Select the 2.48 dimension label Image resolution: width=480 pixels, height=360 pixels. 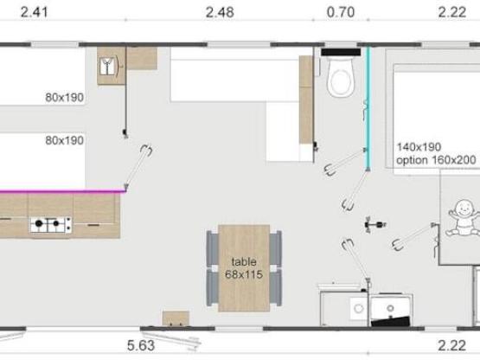coord(221,11)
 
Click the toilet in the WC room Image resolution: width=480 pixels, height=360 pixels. coord(340,77)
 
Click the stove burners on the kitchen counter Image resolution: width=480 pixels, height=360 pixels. coord(50,226)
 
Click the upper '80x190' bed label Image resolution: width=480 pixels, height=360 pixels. coord(64,98)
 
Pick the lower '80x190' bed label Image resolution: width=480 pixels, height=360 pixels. coord(64,140)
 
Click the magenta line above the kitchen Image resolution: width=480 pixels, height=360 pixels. coord(61,190)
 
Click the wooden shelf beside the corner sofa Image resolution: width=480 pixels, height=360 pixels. coord(305,100)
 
